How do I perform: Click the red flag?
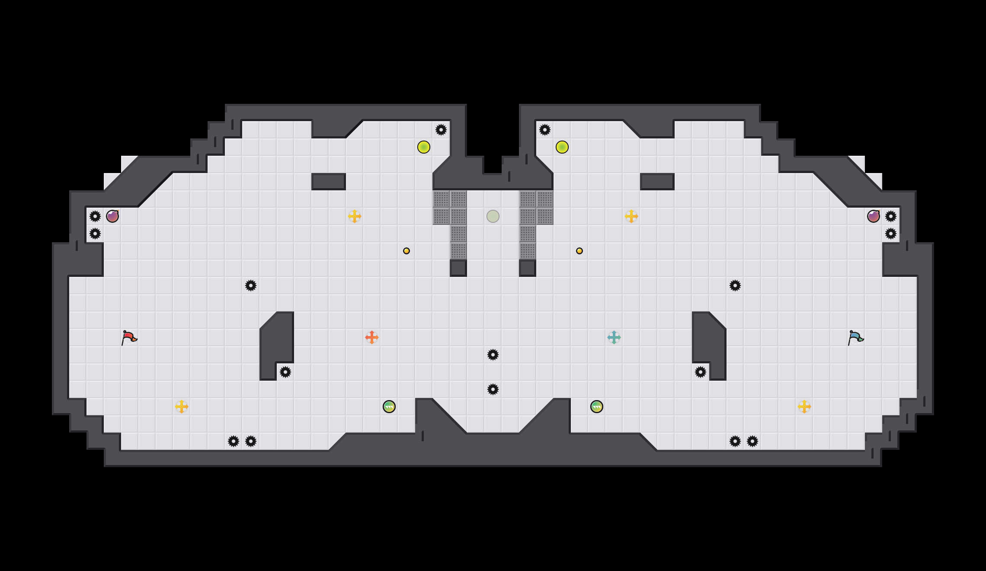(x=128, y=337)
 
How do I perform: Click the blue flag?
(x=855, y=337)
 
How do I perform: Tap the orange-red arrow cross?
(x=372, y=337)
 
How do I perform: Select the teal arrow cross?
(x=614, y=337)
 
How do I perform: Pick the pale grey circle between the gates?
(x=493, y=216)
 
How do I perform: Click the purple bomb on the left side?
(x=112, y=216)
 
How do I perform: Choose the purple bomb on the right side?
(x=874, y=216)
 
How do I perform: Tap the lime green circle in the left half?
(x=424, y=147)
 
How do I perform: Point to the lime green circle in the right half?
(x=562, y=147)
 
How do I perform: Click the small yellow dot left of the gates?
(x=407, y=251)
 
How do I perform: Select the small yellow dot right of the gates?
(x=579, y=251)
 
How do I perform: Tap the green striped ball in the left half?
(x=389, y=407)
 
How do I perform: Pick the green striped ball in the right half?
(x=597, y=407)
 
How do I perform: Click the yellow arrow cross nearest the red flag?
(x=182, y=407)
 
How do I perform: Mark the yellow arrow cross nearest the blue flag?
(x=804, y=407)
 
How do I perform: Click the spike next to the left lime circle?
(x=441, y=130)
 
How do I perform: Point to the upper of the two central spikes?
(x=493, y=355)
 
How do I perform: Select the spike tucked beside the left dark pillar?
(x=285, y=372)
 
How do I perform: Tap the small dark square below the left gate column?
(x=458, y=268)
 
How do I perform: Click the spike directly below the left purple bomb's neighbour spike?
(x=95, y=234)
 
